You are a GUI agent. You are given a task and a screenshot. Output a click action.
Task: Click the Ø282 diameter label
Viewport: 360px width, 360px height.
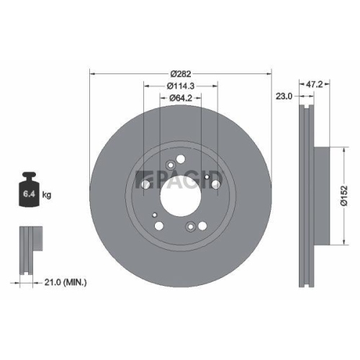point(180,73)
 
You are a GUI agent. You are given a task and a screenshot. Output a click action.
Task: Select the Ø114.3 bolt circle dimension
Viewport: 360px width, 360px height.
point(180,86)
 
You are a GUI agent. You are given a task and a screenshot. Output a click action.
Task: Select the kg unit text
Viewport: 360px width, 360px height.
point(47,194)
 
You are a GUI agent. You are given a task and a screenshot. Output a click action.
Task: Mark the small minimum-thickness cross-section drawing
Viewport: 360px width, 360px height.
point(27,248)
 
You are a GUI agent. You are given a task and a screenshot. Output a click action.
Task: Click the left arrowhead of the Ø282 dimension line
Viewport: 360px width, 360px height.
point(91,73)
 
